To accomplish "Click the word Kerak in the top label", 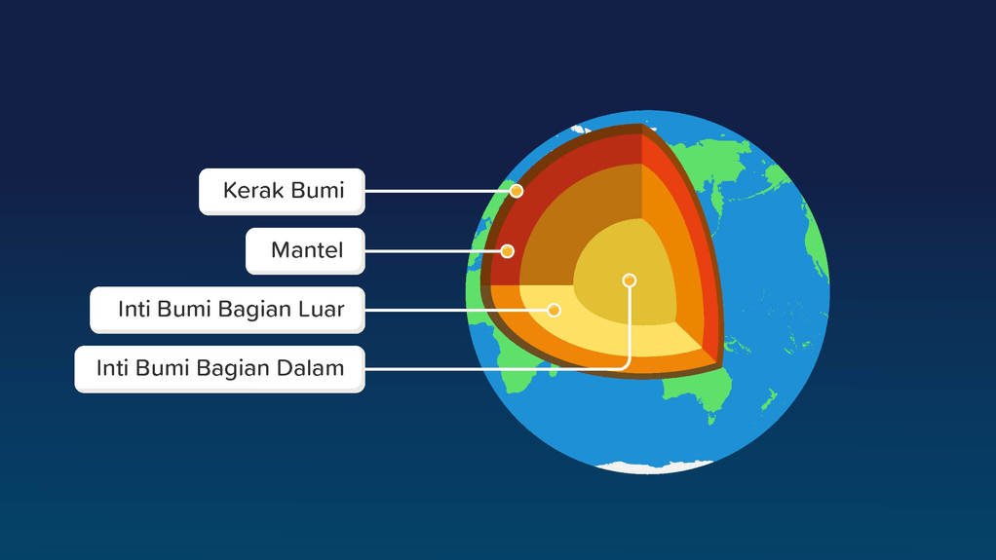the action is click(251, 191).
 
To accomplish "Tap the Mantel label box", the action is click(306, 251).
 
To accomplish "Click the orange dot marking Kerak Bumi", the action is click(517, 191).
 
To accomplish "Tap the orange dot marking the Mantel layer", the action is click(507, 251).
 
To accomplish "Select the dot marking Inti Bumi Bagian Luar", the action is click(554, 310).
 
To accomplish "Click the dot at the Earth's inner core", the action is click(629, 280).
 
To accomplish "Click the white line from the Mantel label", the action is click(433, 251).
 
